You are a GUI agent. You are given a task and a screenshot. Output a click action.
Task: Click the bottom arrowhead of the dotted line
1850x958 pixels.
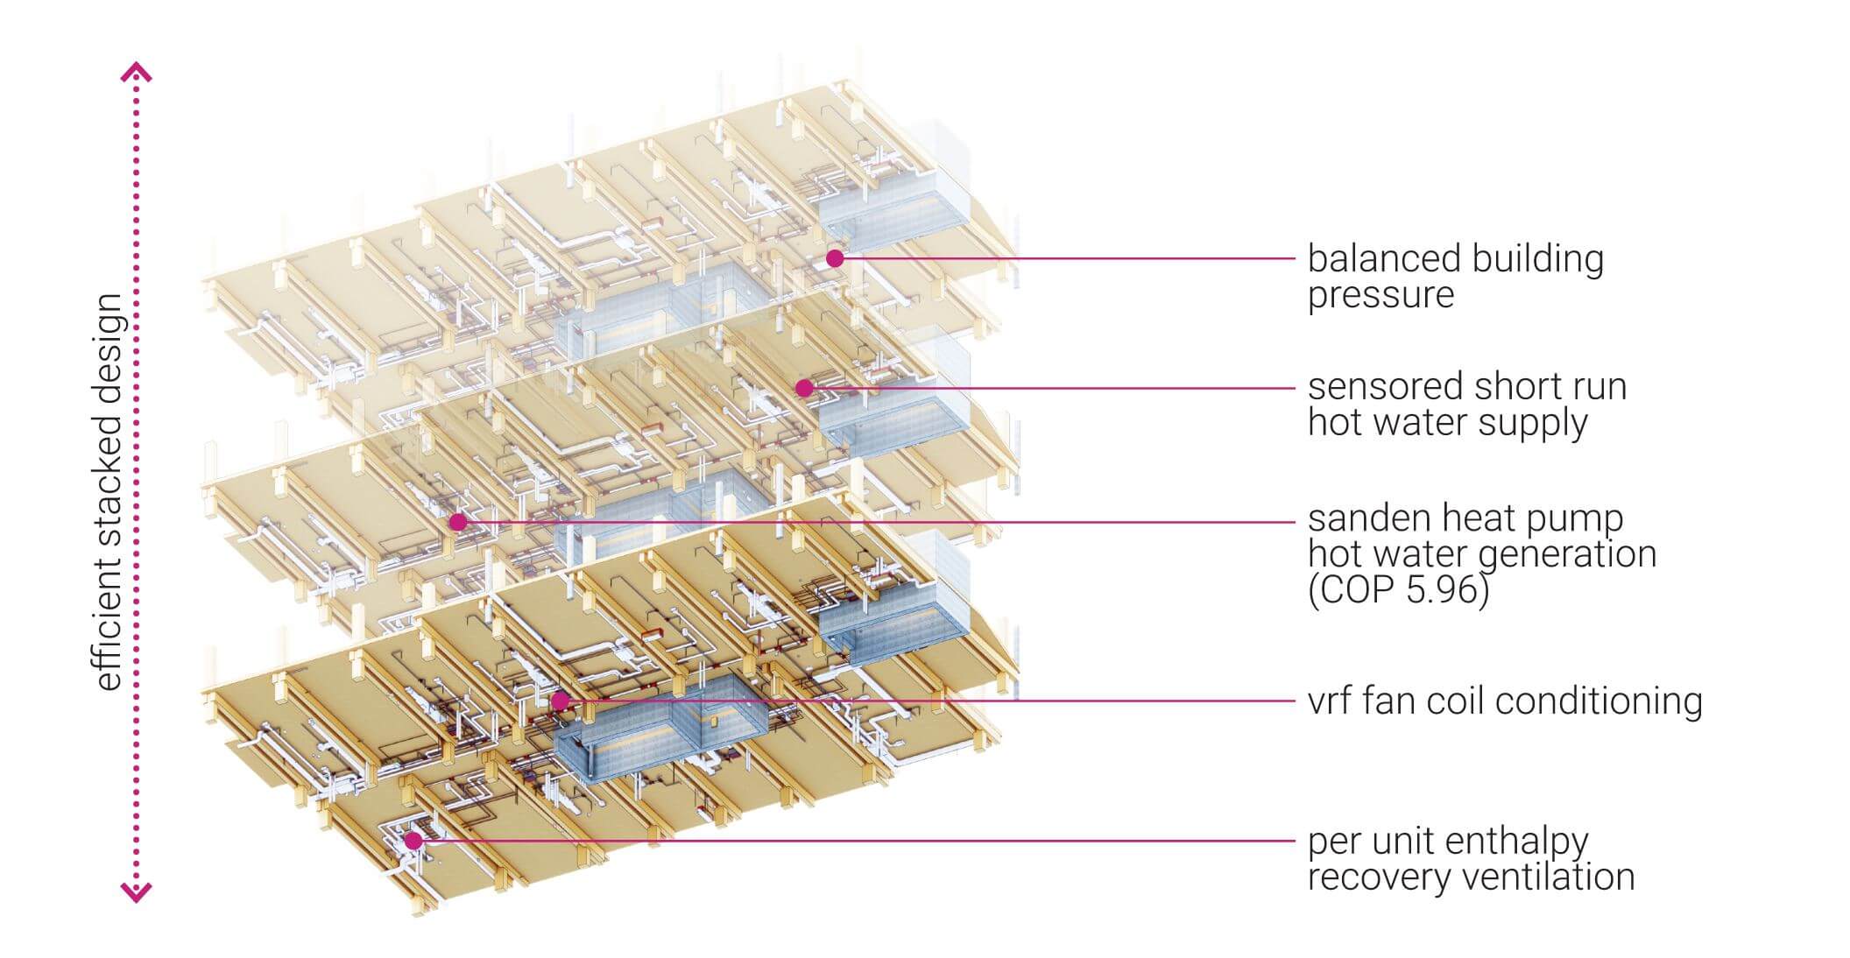(x=136, y=892)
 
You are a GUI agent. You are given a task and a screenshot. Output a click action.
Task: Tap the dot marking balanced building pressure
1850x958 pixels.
(x=835, y=258)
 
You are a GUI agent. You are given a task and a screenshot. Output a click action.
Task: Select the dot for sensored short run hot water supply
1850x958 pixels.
(x=804, y=388)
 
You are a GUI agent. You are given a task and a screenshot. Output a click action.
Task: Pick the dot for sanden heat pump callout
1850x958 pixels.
(x=457, y=523)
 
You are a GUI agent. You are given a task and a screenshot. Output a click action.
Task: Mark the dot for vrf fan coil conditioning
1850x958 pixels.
(x=559, y=701)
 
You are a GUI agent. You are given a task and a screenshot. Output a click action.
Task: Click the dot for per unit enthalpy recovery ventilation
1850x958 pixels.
(x=413, y=840)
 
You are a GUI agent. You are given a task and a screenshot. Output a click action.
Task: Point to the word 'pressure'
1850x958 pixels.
(x=1380, y=296)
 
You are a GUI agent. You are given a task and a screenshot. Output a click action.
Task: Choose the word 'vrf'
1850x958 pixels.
(x=1331, y=701)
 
